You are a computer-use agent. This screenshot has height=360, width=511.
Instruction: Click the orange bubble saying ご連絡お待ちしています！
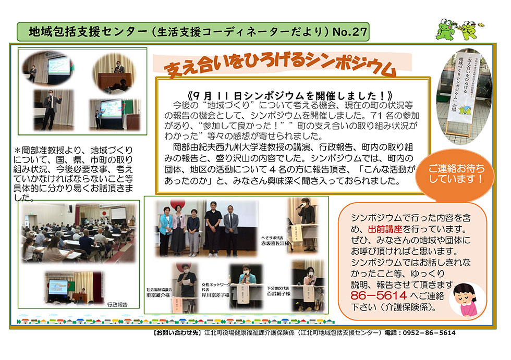456,173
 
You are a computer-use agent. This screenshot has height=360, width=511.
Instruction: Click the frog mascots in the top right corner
458,30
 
